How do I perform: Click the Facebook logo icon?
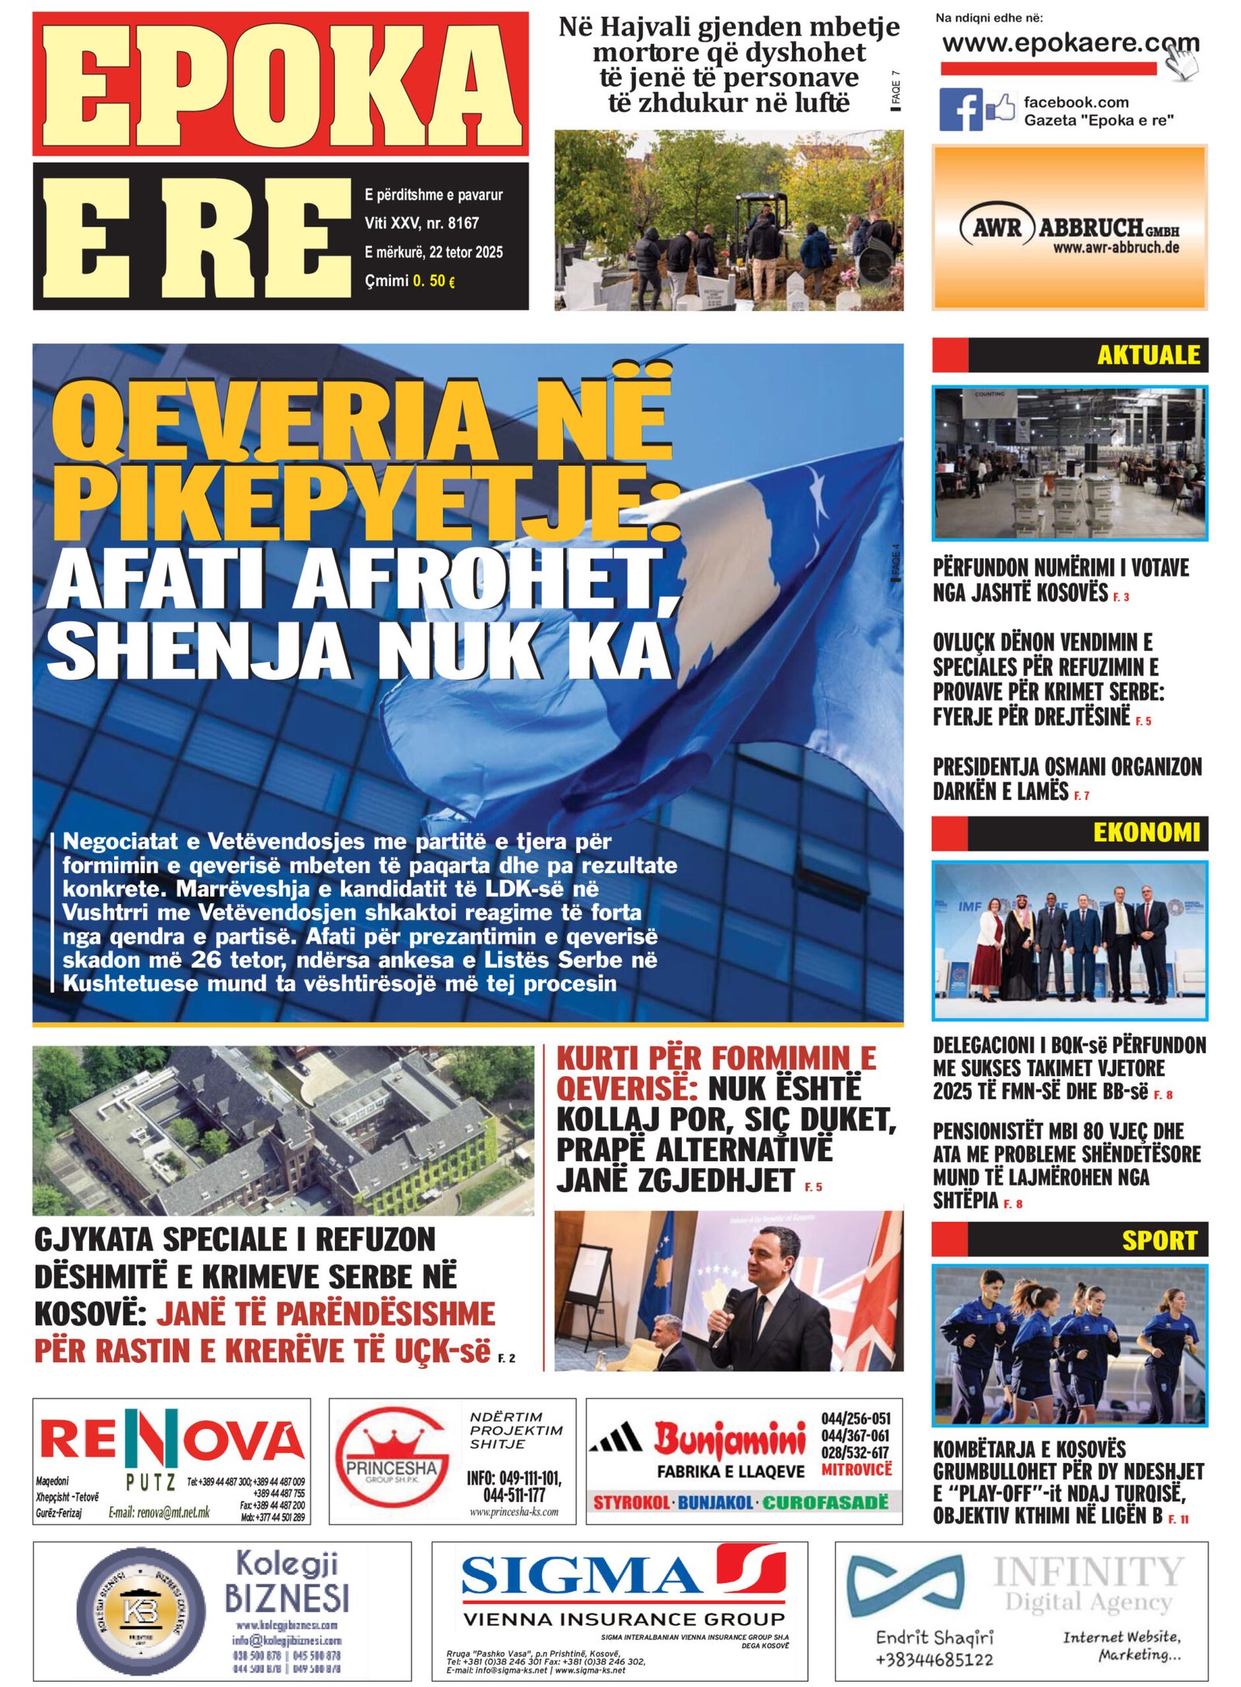[960, 109]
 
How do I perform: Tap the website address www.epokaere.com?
[1070, 43]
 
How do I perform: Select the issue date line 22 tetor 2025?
[434, 252]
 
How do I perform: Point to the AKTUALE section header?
[1148, 355]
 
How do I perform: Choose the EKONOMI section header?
[1146, 833]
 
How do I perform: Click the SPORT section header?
[1159, 1240]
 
